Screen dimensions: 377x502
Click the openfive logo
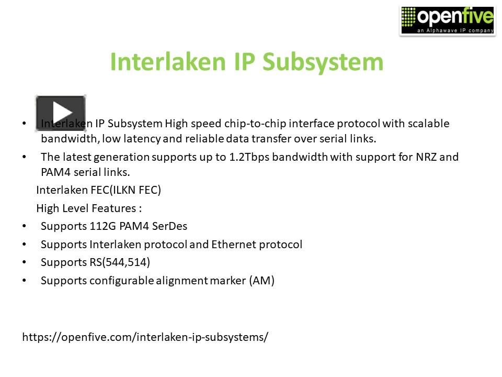[x=447, y=20]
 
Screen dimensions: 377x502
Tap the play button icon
[x=61, y=113]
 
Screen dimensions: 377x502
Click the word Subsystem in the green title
[x=323, y=62]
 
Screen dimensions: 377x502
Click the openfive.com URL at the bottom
[x=145, y=337]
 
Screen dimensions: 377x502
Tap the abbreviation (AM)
[x=261, y=281]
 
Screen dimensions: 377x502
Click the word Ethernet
[x=234, y=245]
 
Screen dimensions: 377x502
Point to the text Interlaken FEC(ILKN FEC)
[x=98, y=190]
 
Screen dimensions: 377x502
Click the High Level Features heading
[x=89, y=208]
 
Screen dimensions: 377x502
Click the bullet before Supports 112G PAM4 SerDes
[x=24, y=227]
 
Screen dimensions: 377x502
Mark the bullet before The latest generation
[x=24, y=157]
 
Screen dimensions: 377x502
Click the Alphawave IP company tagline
[x=455, y=31]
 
